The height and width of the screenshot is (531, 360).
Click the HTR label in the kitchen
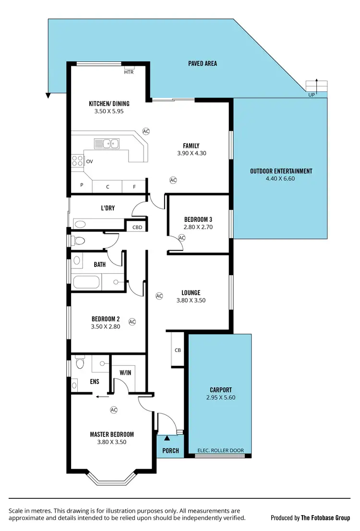pyautogui.click(x=129, y=72)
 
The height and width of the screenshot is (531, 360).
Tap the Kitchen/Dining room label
pyautogui.click(x=109, y=104)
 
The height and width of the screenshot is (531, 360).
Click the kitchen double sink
pyautogui.click(x=107, y=143)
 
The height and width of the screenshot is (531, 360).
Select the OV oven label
pyautogui.click(x=89, y=162)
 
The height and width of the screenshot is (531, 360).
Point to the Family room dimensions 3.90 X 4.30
pyautogui.click(x=191, y=154)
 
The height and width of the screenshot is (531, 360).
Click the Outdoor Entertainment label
pyautogui.click(x=281, y=171)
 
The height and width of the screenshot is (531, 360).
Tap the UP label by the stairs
pyautogui.click(x=312, y=95)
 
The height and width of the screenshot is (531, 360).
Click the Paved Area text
pyautogui.click(x=203, y=63)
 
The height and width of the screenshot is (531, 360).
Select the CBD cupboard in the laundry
pyautogui.click(x=137, y=227)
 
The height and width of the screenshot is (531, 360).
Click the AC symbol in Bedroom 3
pyautogui.click(x=182, y=238)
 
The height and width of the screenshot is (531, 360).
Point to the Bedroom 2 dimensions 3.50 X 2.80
pyautogui.click(x=106, y=326)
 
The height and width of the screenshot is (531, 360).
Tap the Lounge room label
pyautogui.click(x=191, y=292)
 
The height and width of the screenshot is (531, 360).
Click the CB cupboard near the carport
pyautogui.click(x=178, y=350)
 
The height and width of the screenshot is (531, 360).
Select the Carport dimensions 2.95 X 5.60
pyautogui.click(x=221, y=398)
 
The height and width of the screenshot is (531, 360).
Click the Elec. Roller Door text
pyautogui.click(x=221, y=450)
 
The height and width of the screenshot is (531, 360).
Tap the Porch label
pyautogui.click(x=170, y=450)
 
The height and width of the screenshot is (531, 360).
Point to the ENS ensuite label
pyautogui.click(x=95, y=383)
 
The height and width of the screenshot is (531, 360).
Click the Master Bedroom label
pyautogui.click(x=112, y=434)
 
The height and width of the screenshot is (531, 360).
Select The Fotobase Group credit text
pyautogui.click(x=325, y=518)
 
